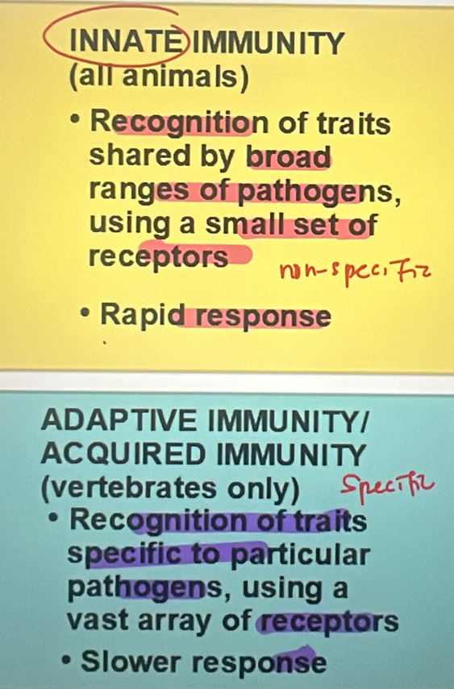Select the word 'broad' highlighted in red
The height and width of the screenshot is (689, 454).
point(289,156)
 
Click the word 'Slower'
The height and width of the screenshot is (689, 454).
point(128,662)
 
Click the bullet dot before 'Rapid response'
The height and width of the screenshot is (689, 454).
point(84,316)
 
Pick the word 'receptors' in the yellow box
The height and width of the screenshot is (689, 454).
point(157,257)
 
